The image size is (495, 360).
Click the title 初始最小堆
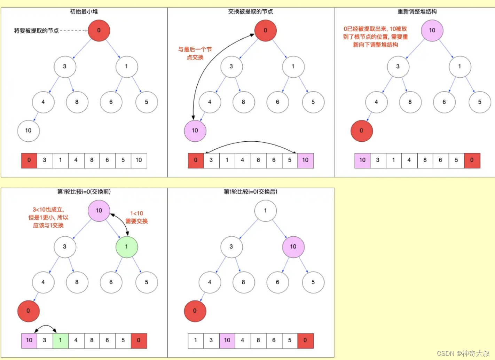(84, 11)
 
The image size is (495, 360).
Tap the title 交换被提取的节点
(250, 11)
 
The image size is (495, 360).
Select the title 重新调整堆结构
(417, 11)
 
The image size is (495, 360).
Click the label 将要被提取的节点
(36, 31)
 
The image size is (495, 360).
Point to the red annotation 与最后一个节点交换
(195, 53)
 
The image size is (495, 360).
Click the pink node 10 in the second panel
(195, 131)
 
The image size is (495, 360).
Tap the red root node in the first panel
(99, 30)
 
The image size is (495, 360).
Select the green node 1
(127, 246)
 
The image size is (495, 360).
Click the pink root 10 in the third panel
(432, 30)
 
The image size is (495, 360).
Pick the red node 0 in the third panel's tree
(361, 131)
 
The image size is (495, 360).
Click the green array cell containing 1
(60, 341)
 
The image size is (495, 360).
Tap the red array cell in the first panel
(29, 161)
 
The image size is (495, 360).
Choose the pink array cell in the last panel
(227, 341)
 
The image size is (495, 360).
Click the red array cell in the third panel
(472, 161)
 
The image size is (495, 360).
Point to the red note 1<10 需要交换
(136, 217)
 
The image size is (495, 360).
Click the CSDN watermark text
(463, 353)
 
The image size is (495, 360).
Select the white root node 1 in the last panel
(265, 211)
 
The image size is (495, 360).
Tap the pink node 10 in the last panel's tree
(293, 246)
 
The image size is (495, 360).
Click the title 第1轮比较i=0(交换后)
(250, 192)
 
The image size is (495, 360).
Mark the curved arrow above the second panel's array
(251, 142)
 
